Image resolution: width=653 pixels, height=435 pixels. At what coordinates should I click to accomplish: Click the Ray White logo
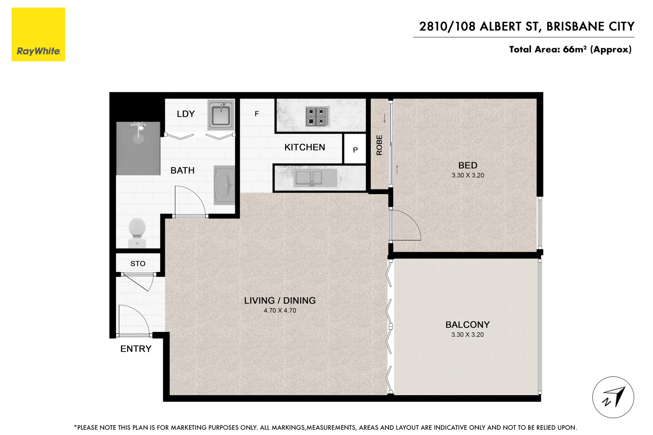point(38,35)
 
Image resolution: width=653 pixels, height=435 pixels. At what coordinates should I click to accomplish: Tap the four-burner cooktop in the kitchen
point(317,116)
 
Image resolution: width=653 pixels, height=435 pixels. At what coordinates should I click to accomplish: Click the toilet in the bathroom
point(137,232)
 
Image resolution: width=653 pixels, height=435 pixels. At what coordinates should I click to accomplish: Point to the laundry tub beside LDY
point(221,115)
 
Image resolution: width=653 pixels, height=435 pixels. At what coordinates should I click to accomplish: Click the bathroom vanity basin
point(225,185)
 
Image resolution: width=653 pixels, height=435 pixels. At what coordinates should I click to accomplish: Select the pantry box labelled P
point(355,149)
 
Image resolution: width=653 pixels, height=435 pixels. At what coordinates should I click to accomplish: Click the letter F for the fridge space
point(257,114)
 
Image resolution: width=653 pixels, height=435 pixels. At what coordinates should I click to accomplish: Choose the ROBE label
point(379,145)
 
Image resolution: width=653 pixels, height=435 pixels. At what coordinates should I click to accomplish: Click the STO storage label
point(138,264)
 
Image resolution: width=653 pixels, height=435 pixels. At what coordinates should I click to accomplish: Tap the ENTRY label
point(136,349)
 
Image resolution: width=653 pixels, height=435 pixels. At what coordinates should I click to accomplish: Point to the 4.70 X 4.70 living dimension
point(280,311)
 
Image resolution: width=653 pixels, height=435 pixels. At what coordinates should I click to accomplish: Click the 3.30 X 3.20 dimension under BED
point(468,175)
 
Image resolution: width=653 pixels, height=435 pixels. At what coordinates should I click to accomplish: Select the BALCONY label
point(467,325)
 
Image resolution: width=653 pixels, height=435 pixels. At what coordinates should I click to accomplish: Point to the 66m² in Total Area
point(574,49)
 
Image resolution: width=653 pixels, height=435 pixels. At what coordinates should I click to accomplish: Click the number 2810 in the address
point(433,27)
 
